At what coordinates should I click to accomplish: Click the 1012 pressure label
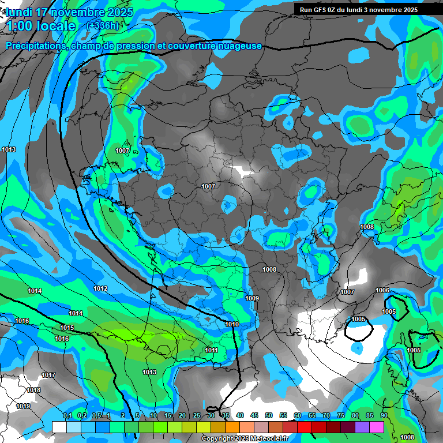(x=100, y=288)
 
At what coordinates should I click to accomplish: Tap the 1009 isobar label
(x=252, y=298)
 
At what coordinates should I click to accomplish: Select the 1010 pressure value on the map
(x=232, y=325)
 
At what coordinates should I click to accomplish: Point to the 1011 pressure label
(x=211, y=350)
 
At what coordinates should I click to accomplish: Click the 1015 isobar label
(x=67, y=328)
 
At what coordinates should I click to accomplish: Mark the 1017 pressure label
(x=48, y=376)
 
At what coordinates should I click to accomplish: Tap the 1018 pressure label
(x=34, y=391)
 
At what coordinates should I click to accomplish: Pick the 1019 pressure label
(x=23, y=407)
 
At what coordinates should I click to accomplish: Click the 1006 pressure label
(x=382, y=290)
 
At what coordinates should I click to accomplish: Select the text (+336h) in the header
(x=103, y=25)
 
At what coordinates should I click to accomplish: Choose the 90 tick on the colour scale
(x=384, y=415)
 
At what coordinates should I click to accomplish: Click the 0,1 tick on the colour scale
(x=67, y=415)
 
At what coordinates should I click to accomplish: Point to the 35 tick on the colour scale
(x=226, y=415)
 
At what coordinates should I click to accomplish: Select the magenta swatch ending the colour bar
(x=377, y=427)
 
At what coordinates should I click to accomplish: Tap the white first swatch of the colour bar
(x=59, y=427)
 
